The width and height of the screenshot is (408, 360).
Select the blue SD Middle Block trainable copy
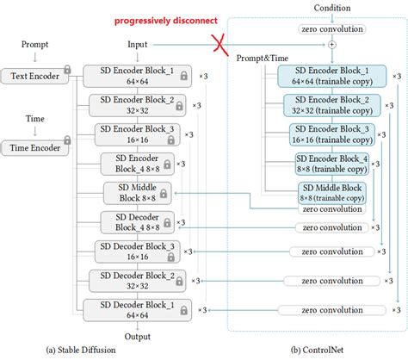tap(332, 192)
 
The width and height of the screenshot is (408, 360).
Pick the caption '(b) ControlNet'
tap(316, 350)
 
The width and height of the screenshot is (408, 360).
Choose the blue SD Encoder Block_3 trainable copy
tap(331, 134)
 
